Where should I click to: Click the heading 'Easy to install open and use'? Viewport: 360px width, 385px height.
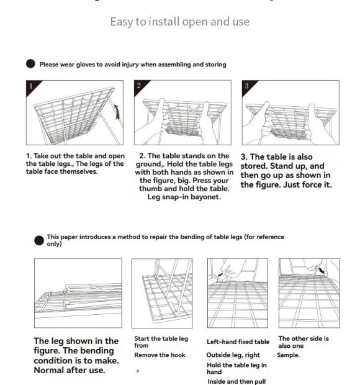tap(180, 22)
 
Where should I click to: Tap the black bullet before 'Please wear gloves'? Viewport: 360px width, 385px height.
tap(30, 64)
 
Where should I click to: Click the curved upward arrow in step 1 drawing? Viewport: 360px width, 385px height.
tap(117, 112)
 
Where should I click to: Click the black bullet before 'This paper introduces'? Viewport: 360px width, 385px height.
tap(39, 241)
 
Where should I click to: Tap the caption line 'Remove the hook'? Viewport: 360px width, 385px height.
tap(160, 355)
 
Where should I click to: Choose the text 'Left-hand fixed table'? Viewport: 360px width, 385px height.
tap(238, 342)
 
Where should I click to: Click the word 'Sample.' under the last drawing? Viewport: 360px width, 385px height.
tap(289, 355)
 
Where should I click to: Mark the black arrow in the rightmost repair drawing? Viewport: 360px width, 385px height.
tap(321, 271)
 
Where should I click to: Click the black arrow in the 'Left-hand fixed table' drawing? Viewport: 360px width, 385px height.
tap(220, 274)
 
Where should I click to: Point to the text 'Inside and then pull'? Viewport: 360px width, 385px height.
tap(236, 381)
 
